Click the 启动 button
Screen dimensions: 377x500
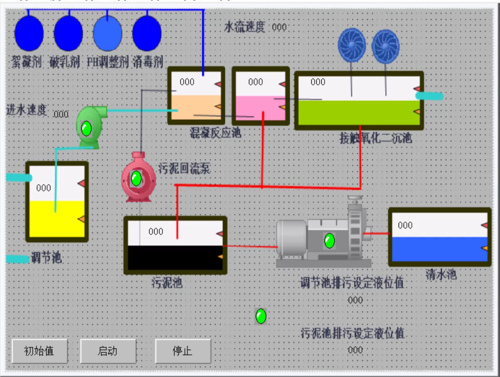108,351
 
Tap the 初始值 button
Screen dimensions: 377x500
39,351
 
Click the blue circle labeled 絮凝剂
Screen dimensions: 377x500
29,33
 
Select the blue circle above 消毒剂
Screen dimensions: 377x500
147,33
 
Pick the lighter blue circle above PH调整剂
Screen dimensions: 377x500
107,33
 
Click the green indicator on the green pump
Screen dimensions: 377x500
86,128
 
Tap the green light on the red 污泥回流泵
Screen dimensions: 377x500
136,179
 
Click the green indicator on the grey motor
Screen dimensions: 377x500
330,240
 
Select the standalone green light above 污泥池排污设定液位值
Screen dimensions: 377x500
261,316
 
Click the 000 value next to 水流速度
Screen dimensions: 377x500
279,27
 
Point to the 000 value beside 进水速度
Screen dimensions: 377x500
61,114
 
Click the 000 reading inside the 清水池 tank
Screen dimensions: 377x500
405,225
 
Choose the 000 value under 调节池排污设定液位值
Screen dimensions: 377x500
355,300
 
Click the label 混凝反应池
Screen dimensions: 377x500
215,133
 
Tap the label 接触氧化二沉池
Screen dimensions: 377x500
376,138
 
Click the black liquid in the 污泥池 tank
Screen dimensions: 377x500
175,258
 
